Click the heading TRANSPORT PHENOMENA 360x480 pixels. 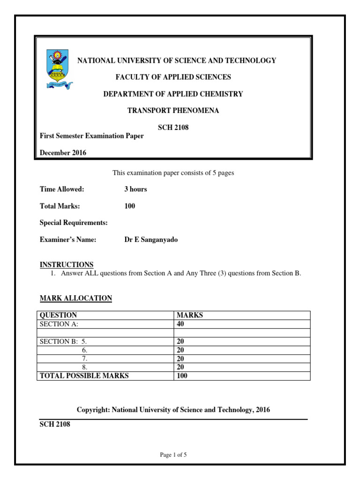(173, 111)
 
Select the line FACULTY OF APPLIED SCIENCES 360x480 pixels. (173, 77)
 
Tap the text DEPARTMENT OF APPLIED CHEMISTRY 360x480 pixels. (173, 94)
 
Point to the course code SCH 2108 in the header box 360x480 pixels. (173, 127)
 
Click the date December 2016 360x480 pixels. (63, 152)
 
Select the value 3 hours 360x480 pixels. (135, 189)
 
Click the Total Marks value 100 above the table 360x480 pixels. (129, 206)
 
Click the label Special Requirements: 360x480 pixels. (74, 223)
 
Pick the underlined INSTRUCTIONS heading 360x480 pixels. (67, 264)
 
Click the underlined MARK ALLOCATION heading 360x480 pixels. (76, 298)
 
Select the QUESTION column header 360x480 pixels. (59, 315)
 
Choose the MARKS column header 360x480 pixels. (189, 315)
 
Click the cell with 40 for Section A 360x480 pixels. (180, 324)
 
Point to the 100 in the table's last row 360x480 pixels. (182, 375)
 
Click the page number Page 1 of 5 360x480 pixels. (173, 455)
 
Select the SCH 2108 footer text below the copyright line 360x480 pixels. (55, 425)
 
